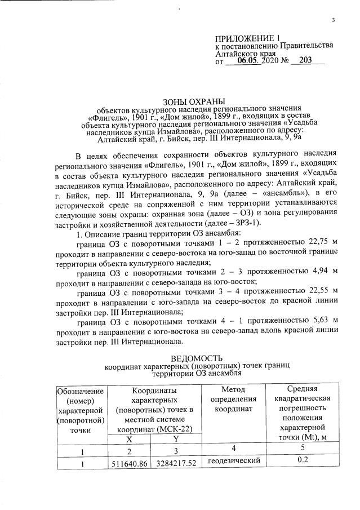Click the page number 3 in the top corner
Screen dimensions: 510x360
point(333,21)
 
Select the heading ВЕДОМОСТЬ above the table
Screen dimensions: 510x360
point(197,358)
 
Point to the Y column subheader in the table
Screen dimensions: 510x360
point(175,438)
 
